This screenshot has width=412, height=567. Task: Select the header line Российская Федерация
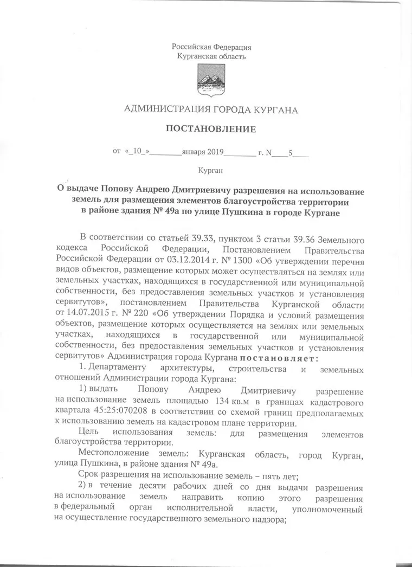click(211, 48)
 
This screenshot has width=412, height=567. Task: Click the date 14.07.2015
click(80, 315)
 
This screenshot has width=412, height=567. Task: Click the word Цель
click(89, 433)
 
